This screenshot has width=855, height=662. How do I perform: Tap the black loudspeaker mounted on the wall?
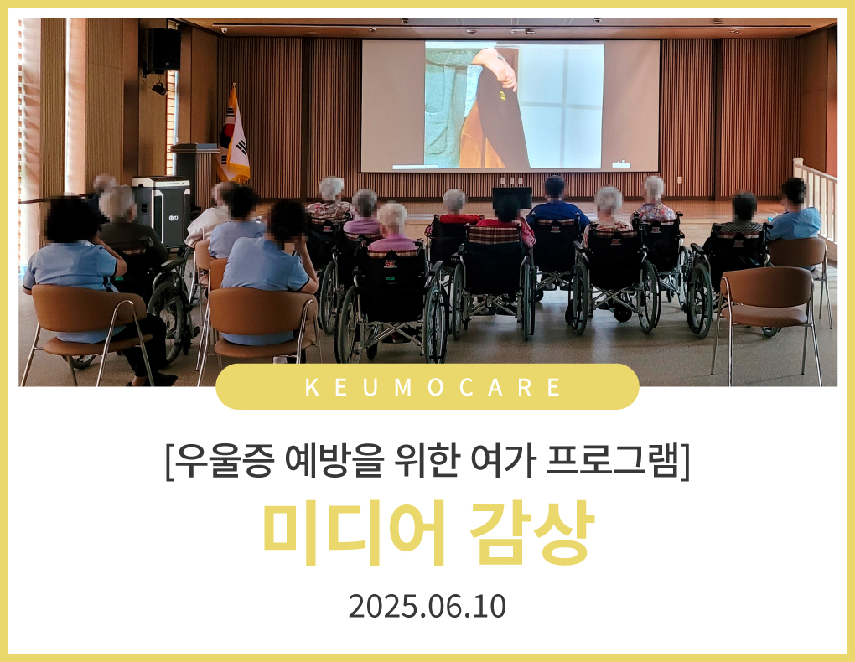[163, 51]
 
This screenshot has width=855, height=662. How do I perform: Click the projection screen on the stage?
[510, 106]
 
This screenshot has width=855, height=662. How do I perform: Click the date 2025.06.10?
[427, 607]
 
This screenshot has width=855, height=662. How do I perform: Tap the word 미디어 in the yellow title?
[355, 532]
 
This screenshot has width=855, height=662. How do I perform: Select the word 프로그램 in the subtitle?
[614, 461]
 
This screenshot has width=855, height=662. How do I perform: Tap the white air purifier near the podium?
[163, 210]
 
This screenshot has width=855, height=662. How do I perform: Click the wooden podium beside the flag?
[193, 172]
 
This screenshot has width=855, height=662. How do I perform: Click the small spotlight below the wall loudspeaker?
[158, 87]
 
